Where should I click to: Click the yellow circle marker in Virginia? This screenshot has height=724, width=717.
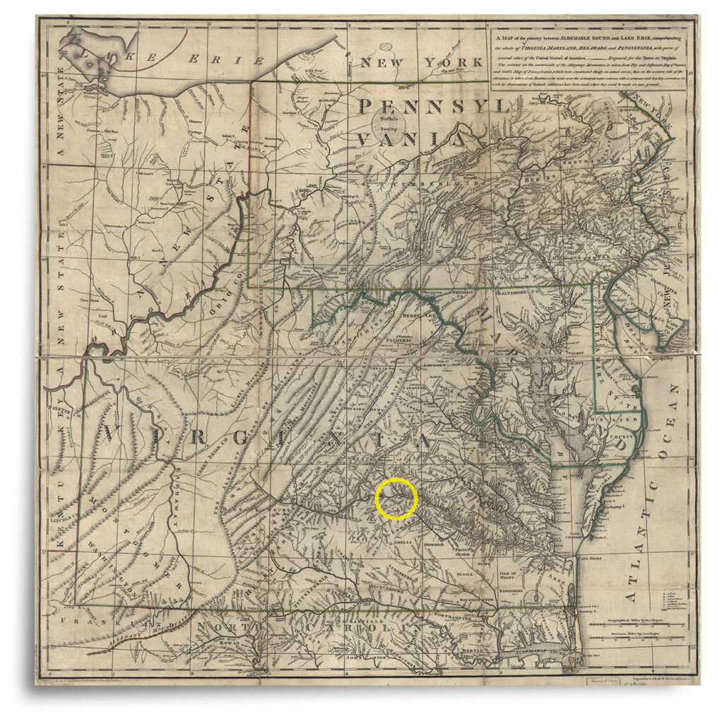coord(396,498)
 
